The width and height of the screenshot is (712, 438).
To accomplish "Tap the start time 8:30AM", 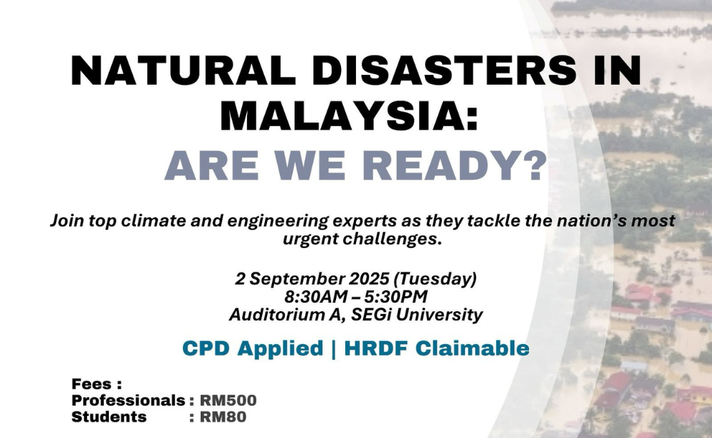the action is (x=315, y=297).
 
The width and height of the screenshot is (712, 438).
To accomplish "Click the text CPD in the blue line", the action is (x=205, y=348).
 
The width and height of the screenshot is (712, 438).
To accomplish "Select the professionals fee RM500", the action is (x=229, y=400).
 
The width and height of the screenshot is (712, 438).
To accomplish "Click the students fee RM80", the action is (x=224, y=417).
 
